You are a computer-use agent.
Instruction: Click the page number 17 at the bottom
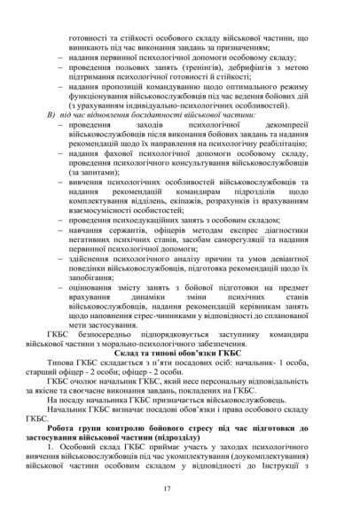tap(180, 489)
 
